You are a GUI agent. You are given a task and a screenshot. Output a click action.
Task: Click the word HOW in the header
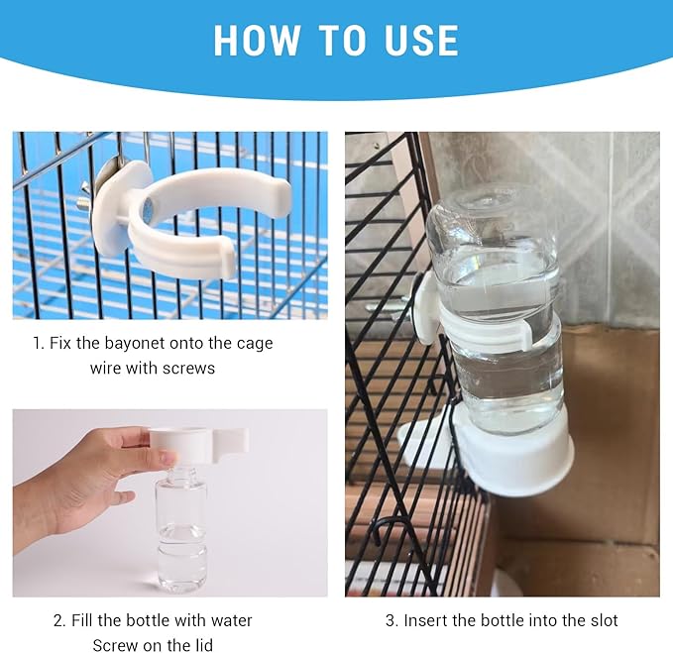(257, 40)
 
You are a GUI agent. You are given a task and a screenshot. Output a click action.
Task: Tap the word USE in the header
(421, 40)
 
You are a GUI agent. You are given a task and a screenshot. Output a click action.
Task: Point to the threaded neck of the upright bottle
(181, 474)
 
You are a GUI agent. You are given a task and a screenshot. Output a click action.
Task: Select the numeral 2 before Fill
(58, 621)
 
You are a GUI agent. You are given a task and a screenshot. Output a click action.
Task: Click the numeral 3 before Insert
(391, 620)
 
